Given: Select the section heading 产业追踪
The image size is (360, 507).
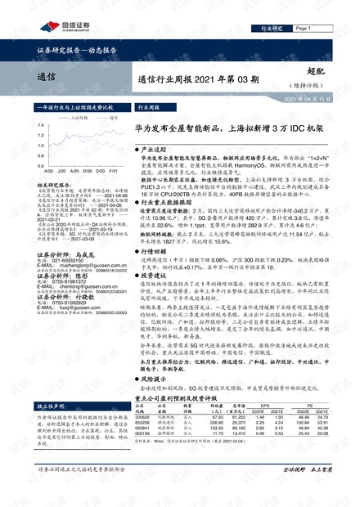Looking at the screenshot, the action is (x=155, y=151).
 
